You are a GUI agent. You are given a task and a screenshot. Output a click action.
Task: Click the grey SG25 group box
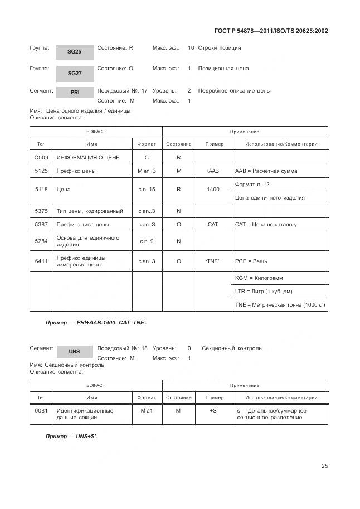[x=74, y=51]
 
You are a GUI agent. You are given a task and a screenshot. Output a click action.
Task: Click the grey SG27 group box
[x=74, y=73]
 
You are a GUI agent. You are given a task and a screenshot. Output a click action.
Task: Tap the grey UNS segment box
[x=74, y=352]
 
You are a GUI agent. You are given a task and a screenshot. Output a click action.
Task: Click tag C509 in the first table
[x=41, y=158]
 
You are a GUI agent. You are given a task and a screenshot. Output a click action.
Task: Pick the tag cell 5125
[x=41, y=171]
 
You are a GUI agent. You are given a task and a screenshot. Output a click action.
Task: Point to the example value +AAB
[x=214, y=171]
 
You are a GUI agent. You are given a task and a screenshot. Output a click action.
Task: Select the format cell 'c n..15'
[x=147, y=190]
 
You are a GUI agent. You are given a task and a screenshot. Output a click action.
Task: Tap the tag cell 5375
[x=41, y=211]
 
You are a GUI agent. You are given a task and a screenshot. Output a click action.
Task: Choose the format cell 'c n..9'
[x=147, y=241]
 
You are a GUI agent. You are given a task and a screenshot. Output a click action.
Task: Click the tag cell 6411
[x=41, y=261]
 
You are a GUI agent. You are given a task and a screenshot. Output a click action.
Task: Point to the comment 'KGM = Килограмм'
[x=259, y=278]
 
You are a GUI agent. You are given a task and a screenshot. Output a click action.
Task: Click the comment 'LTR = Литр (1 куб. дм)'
[x=264, y=292]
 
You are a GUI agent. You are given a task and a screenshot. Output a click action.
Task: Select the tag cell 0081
[x=41, y=411]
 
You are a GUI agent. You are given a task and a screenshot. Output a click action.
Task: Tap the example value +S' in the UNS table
[x=214, y=411]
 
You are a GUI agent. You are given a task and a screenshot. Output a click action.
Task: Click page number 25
[x=324, y=467]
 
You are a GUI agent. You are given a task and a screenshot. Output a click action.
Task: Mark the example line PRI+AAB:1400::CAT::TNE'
[x=96, y=323]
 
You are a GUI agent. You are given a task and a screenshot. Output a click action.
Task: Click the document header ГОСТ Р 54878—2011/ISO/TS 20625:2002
[x=271, y=31]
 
